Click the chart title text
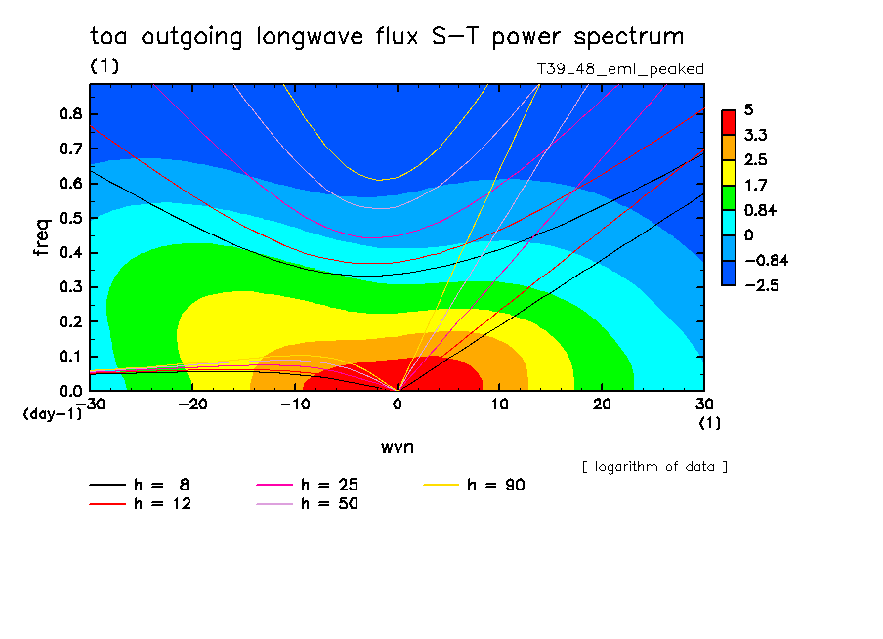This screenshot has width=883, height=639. tap(386, 37)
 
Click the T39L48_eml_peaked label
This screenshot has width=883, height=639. tap(620, 68)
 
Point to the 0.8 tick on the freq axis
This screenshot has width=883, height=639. tap(69, 113)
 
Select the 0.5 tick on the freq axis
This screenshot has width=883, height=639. tap(69, 218)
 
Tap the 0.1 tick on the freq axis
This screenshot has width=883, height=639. tap(69, 357)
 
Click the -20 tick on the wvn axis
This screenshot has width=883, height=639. tap(192, 404)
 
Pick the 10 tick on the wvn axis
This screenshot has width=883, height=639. tap(499, 404)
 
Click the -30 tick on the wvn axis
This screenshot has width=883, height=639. tap(90, 404)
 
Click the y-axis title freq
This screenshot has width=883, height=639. tap(42, 237)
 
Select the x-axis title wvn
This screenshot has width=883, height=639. tap(397, 447)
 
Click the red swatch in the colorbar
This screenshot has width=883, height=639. tap(728, 122)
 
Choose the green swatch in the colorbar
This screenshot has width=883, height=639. tap(728, 197)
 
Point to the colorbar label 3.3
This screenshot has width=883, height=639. tap(754, 135)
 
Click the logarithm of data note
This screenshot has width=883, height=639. tap(654, 466)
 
